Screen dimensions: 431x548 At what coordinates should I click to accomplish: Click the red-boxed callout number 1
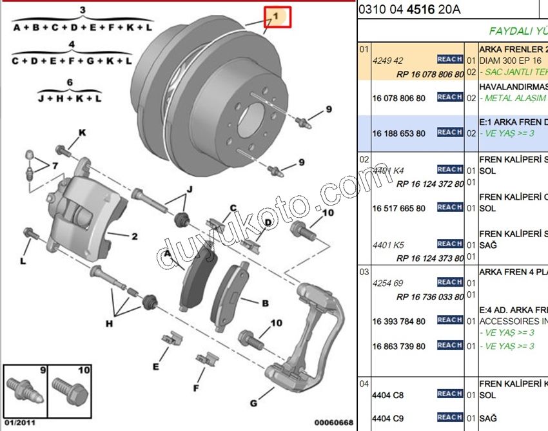275,15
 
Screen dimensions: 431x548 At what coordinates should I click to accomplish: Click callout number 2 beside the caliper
134,236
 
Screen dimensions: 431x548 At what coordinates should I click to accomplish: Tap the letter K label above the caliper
82,133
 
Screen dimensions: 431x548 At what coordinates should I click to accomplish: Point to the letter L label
23,261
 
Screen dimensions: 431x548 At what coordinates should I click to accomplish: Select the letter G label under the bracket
253,403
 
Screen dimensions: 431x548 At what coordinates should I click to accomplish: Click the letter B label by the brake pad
264,303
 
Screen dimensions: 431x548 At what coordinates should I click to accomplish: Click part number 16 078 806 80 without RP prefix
398,98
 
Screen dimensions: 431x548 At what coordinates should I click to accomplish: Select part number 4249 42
387,61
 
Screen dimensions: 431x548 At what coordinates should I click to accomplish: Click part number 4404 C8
387,395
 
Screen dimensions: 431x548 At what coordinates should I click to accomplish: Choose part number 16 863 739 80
398,346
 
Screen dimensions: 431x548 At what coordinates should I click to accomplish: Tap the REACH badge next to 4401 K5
449,244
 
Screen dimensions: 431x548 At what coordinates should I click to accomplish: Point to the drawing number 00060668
333,423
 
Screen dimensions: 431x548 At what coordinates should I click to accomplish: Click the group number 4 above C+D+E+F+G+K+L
72,44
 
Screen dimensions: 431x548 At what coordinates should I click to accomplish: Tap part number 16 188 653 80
398,133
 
